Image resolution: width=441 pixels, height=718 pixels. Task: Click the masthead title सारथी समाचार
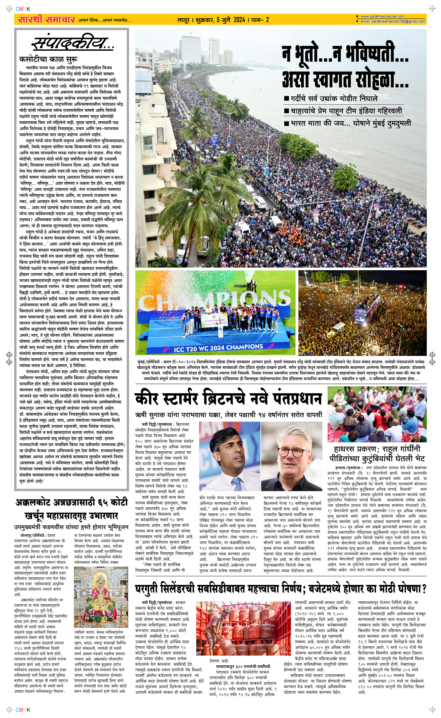tap(46, 20)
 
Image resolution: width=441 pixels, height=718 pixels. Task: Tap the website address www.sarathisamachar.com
tap(382, 16)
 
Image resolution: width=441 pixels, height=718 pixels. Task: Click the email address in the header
tap(392, 21)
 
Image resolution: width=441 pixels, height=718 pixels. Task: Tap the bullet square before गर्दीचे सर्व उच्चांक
tap(286, 98)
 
